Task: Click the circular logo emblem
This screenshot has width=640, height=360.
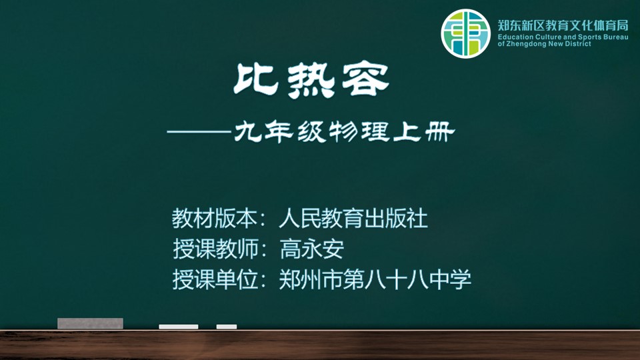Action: click(465, 33)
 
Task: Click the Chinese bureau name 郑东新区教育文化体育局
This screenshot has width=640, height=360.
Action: click(563, 25)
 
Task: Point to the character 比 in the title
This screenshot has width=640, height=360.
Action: click(256, 79)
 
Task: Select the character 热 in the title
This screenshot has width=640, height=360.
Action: click(311, 81)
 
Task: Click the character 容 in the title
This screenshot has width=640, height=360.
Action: click(365, 80)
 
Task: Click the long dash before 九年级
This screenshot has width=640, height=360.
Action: click(200, 132)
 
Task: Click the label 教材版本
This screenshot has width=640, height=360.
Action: click(214, 219)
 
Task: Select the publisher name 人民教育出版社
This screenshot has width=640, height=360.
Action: click(353, 219)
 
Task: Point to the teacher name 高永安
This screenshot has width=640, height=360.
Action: click(312, 249)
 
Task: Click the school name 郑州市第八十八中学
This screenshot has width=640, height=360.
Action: click(375, 279)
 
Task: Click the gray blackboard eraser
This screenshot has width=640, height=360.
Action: click(90, 323)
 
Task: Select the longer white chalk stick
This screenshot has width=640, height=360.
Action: click(179, 327)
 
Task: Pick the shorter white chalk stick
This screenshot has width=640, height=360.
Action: click(227, 327)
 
